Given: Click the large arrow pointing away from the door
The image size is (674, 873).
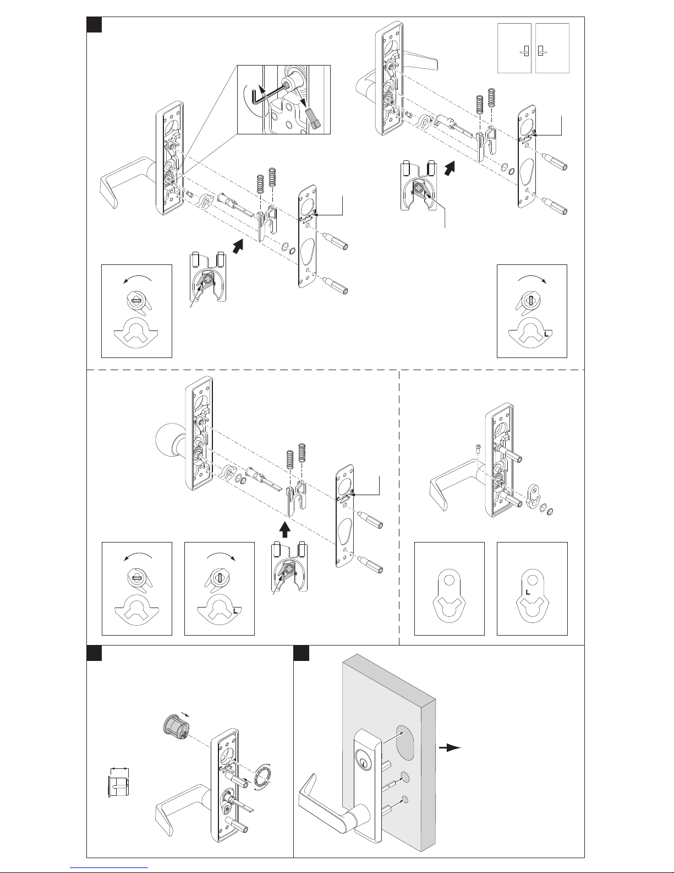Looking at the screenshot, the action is coord(449,747).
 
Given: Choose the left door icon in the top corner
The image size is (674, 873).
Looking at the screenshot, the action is coord(514,48).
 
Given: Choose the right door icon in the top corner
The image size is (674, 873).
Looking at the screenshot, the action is coord(552,48).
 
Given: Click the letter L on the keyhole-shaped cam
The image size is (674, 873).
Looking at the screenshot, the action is coord(528,592).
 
